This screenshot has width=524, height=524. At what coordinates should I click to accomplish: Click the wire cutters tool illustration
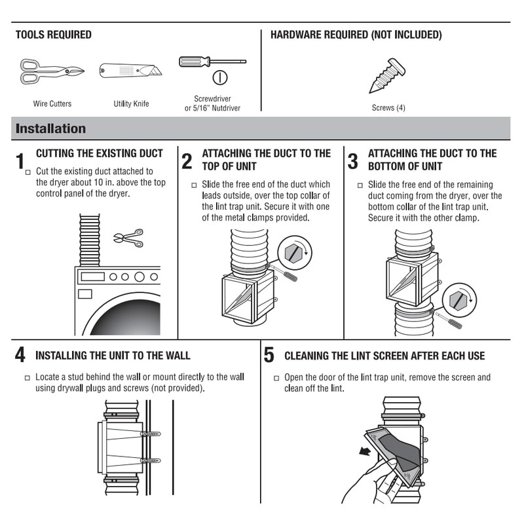(x=52, y=71)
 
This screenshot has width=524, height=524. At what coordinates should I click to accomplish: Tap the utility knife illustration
(x=130, y=71)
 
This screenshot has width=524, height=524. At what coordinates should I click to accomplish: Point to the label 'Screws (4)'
(x=388, y=107)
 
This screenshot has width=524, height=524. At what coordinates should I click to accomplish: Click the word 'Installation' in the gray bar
(x=50, y=128)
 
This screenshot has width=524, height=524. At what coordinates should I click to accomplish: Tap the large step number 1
(x=20, y=161)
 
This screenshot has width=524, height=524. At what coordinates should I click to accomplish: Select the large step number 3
(x=352, y=161)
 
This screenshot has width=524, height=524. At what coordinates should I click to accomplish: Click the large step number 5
(x=269, y=356)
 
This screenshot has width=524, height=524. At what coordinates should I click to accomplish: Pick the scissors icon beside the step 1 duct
(x=128, y=237)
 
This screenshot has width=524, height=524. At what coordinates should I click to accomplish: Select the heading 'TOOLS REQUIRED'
(x=54, y=35)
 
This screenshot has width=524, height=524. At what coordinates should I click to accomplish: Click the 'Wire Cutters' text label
(x=52, y=103)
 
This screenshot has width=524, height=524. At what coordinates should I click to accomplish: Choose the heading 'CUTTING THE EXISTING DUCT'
(x=99, y=154)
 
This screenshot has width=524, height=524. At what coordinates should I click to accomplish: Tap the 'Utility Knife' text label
(x=131, y=103)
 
